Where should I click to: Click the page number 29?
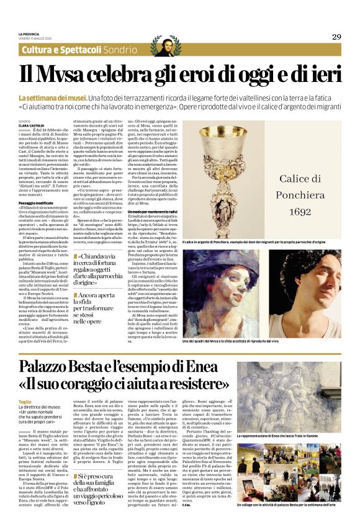[x=336, y=37]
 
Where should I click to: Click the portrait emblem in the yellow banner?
[x=166, y=47]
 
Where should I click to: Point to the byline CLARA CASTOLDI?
[x=32, y=125]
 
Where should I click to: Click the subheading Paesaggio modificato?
[x=36, y=203]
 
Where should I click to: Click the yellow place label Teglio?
[x=25, y=401]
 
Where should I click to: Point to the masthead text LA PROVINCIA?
[x=29, y=34]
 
